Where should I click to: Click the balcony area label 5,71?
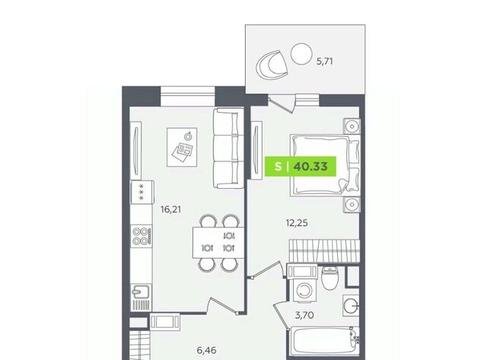(325, 62)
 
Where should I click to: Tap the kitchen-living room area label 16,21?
(170, 209)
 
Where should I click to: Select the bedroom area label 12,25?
(297, 223)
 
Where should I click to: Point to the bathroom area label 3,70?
(304, 315)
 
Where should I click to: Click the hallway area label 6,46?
(206, 350)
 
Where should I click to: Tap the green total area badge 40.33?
(301, 166)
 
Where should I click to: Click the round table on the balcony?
(301, 53)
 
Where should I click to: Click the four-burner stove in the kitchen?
(142, 236)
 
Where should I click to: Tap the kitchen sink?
(142, 298)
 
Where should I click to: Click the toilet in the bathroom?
(329, 277)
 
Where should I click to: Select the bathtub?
(324, 341)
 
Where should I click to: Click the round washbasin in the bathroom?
(352, 304)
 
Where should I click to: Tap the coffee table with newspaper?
(182, 147)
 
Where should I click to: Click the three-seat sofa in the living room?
(228, 148)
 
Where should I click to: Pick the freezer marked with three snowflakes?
(142, 193)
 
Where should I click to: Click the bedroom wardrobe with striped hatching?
(324, 251)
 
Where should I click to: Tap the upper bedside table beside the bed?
(352, 126)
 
